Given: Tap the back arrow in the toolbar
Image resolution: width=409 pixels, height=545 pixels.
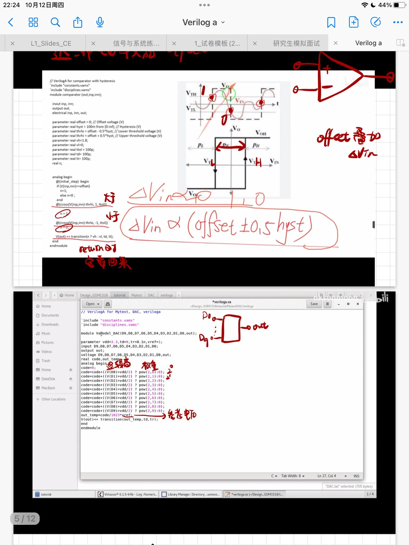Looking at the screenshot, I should click(11, 23).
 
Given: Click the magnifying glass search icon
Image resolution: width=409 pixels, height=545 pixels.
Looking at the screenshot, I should click(55, 23).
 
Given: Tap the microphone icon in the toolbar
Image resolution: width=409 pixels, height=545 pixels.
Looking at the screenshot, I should click(100, 23).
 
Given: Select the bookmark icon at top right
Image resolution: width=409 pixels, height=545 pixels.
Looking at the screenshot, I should click(331, 23).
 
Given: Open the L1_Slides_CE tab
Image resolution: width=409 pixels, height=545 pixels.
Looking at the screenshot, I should click(51, 43).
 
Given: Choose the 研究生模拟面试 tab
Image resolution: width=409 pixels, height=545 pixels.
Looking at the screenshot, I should click(296, 43).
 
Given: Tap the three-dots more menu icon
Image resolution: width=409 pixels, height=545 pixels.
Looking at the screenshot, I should click(398, 23).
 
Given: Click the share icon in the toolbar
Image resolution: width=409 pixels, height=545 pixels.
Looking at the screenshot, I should click(78, 23).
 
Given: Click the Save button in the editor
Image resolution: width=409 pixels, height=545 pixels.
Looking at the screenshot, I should click(314, 304).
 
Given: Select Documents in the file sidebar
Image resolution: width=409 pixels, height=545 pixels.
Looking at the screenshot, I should click(50, 315).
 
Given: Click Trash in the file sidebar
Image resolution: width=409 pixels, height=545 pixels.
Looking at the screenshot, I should click(46, 361).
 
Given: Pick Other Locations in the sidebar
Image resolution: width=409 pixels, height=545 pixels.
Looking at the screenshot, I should click(54, 399).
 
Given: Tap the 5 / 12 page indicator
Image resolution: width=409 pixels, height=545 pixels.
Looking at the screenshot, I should click(25, 519).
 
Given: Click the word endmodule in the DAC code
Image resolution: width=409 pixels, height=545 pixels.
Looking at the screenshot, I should click(91, 428).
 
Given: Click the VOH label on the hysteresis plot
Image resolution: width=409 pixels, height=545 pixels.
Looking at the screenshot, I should click(261, 133).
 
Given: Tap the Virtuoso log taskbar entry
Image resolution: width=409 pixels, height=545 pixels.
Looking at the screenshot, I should click(128, 494).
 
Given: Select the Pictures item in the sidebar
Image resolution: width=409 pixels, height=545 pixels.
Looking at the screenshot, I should click(47, 343).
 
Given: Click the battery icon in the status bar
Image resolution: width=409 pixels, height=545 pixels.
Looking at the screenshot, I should click(399, 5).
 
